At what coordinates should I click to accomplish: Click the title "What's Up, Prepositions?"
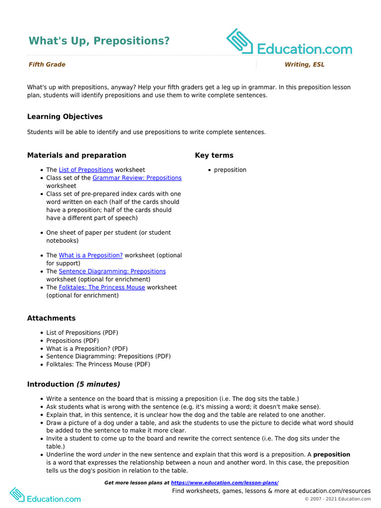(99, 41)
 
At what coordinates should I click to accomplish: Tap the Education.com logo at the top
(289, 43)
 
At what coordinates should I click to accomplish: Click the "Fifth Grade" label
(47, 64)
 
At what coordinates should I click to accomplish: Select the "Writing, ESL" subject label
(304, 64)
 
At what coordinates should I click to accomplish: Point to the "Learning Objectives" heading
(65, 117)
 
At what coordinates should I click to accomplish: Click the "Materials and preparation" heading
(76, 155)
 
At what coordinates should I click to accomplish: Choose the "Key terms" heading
(214, 155)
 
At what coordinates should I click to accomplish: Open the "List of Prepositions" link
(86, 170)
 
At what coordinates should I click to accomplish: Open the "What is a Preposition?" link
(90, 255)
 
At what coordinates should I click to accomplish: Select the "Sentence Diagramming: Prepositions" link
(112, 271)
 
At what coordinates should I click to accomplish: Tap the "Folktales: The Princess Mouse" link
(102, 287)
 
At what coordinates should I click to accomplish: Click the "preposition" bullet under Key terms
(230, 170)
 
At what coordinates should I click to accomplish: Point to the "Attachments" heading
(52, 318)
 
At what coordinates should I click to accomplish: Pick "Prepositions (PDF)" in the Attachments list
(72, 341)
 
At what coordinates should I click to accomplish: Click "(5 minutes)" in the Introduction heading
(98, 384)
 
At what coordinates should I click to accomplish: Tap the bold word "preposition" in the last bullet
(331, 454)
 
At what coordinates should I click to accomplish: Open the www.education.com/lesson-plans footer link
(225, 483)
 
